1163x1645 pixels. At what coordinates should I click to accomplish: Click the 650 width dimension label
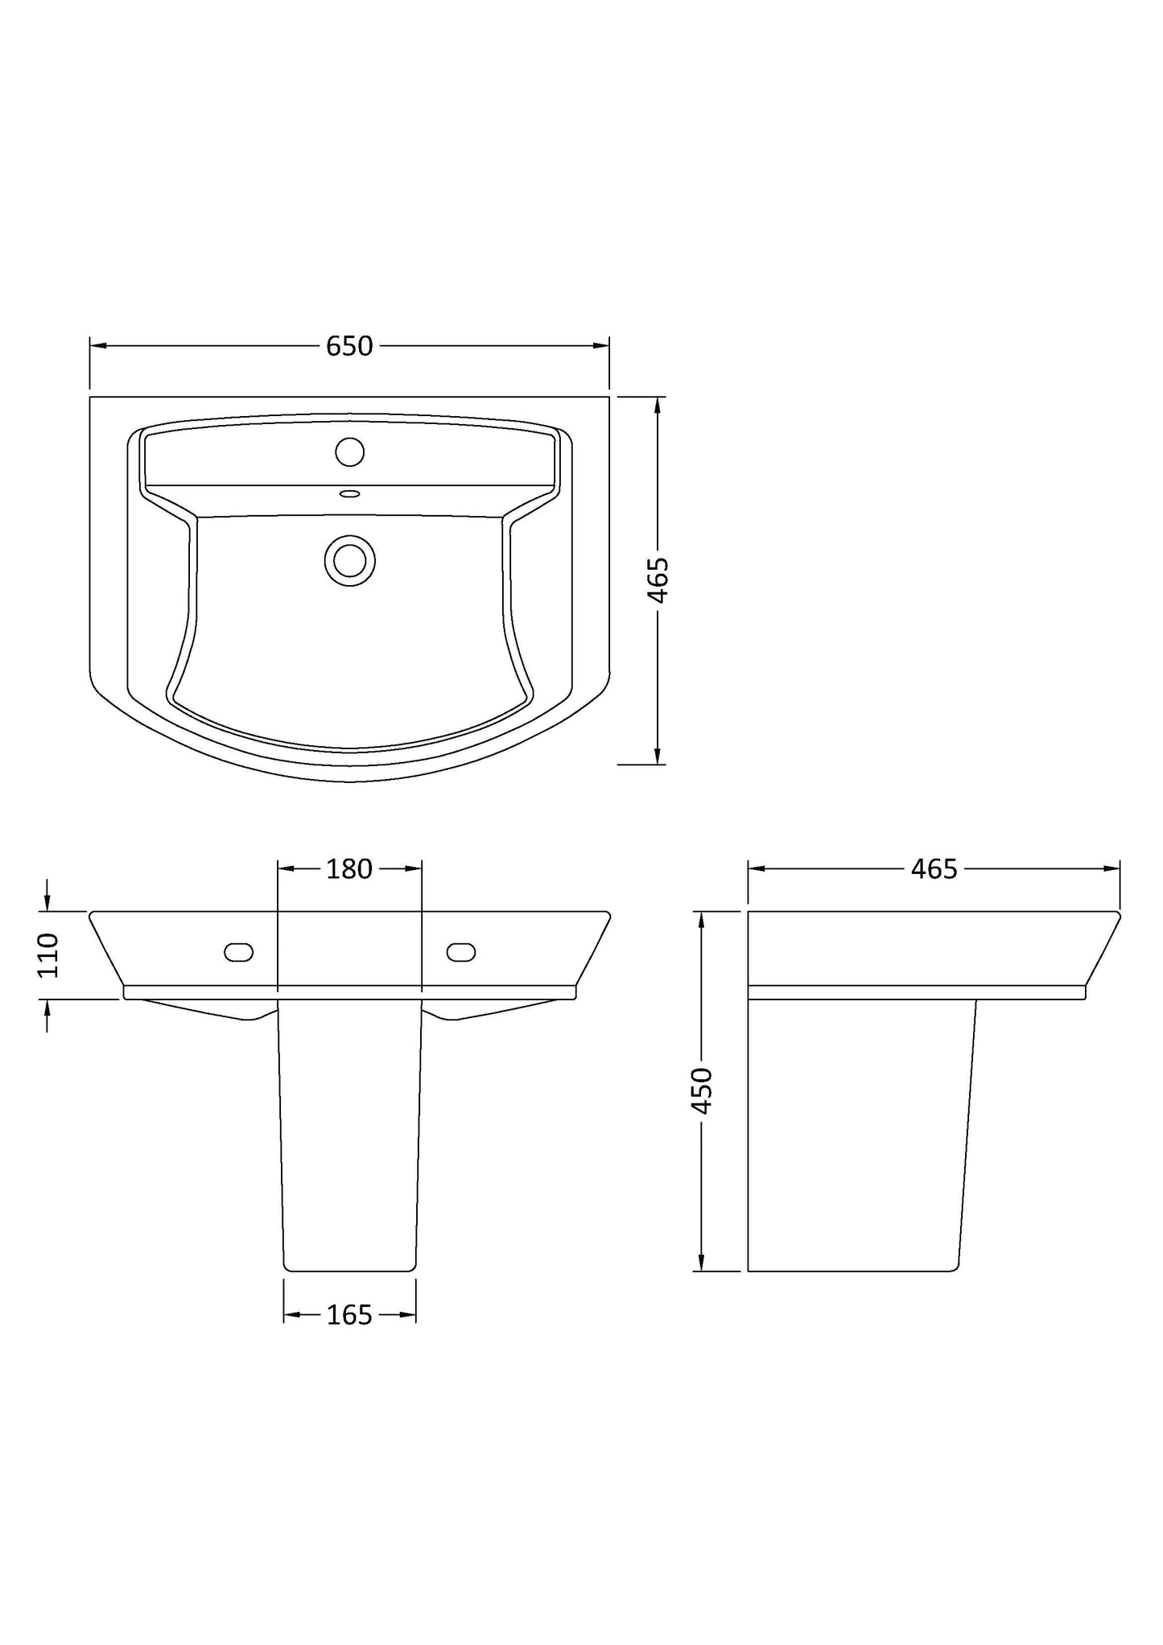tap(349, 346)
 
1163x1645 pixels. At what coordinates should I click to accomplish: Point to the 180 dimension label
tap(349, 868)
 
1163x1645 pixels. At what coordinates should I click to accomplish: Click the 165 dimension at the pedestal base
tap(349, 1315)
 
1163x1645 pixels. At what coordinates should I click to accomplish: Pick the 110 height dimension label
tap(48, 954)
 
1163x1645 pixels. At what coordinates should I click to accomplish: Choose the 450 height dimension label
tap(702, 1090)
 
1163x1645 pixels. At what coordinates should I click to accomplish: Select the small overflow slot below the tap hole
tap(349, 494)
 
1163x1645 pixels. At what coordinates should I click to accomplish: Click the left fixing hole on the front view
tap(238, 952)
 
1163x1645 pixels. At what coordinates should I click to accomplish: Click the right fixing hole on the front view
tap(461, 952)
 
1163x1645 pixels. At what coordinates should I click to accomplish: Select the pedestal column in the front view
tap(349, 1143)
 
